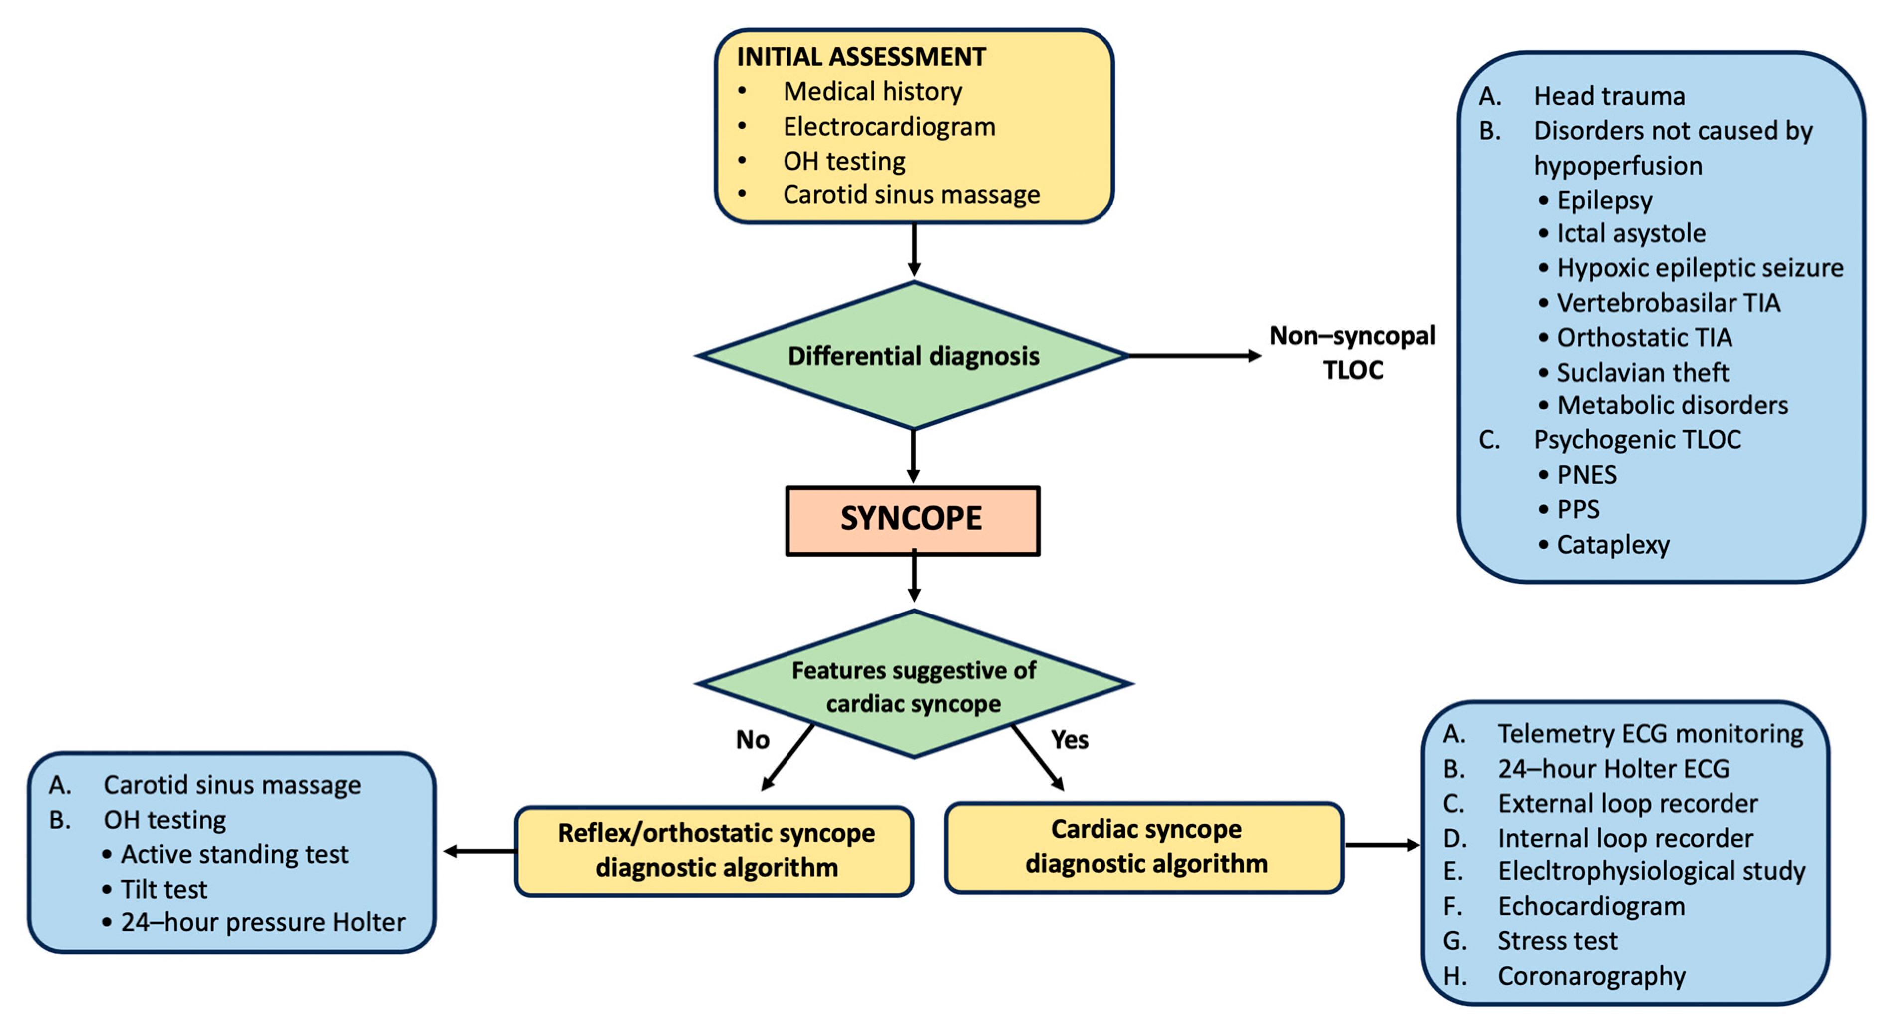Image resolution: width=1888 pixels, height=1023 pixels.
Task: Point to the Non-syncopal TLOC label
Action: (x=1352, y=353)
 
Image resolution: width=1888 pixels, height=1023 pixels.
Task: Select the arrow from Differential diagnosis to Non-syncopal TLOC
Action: (x=1195, y=356)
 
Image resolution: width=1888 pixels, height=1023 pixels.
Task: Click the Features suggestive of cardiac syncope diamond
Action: (x=913, y=686)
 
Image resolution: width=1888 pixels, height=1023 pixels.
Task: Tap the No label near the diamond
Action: (x=752, y=739)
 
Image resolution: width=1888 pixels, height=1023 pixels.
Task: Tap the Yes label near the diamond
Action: (x=1069, y=739)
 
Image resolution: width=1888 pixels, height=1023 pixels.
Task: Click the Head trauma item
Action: (x=1609, y=96)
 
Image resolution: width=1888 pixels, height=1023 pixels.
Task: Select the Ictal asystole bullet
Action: (x=1631, y=233)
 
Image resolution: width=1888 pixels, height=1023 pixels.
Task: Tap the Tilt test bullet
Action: (x=163, y=889)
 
